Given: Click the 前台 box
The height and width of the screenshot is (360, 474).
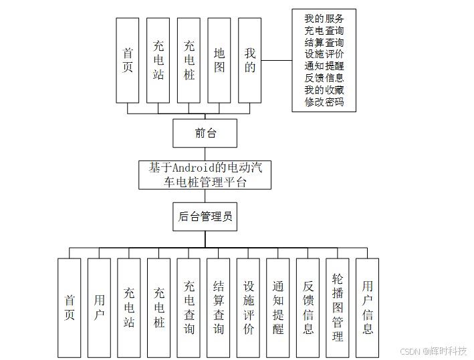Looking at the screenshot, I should [x=205, y=133].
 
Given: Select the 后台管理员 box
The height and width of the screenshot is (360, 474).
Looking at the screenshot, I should [x=205, y=216].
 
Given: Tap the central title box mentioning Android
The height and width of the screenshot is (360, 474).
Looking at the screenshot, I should [x=205, y=174].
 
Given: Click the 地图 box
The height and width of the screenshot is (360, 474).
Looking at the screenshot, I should [x=219, y=60].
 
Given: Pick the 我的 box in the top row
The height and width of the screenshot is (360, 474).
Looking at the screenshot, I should [x=249, y=60].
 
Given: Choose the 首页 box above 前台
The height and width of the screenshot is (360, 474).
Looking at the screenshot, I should [x=127, y=60].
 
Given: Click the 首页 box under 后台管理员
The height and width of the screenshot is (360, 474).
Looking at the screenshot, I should [x=69, y=307].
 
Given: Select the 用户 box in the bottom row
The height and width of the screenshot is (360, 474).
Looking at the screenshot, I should [x=99, y=307].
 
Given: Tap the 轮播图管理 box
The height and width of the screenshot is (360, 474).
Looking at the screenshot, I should [x=338, y=307].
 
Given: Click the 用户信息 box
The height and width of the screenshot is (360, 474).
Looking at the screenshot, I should [x=367, y=307].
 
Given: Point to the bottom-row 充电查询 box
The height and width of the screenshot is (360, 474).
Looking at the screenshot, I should [x=189, y=307].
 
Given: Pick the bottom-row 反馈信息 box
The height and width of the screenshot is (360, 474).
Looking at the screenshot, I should [x=308, y=307].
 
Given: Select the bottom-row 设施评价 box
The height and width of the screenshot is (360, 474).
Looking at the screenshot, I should [x=248, y=307].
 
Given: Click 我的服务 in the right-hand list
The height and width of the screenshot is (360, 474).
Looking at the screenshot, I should [x=324, y=19].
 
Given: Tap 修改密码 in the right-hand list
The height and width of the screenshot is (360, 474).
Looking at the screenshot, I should [x=324, y=102].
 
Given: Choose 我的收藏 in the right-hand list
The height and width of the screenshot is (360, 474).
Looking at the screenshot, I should [x=324, y=90].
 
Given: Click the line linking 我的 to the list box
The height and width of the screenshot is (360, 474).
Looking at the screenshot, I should [x=276, y=60].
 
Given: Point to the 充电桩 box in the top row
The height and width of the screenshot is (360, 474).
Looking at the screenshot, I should [x=189, y=60].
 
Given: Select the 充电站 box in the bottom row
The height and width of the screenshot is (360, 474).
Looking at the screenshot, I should [x=129, y=307].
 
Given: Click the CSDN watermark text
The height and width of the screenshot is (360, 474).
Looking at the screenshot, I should [x=433, y=351].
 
